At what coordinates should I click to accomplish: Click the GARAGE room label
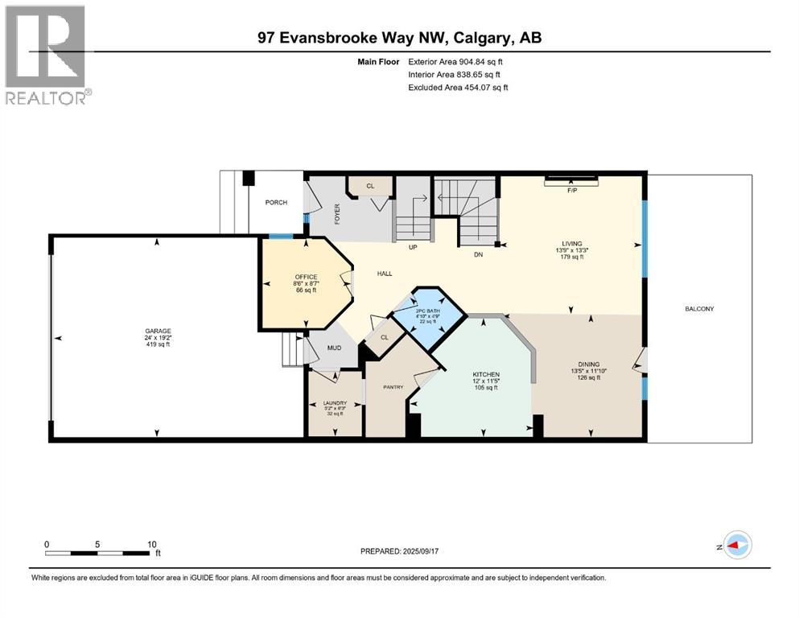[158, 330]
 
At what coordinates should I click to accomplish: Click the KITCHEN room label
[486, 374]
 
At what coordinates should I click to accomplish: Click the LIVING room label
[572, 243]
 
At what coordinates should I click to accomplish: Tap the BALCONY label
[699, 309]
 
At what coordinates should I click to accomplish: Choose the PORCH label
[276, 202]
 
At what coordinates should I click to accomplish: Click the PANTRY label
[393, 387]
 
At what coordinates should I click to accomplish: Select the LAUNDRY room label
[334, 402]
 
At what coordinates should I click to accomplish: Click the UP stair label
[413, 247]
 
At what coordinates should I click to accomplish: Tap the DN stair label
[477, 254]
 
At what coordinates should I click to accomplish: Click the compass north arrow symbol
[736, 545]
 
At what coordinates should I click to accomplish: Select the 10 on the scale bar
[151, 544]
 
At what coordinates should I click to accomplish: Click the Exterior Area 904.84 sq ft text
[458, 61]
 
